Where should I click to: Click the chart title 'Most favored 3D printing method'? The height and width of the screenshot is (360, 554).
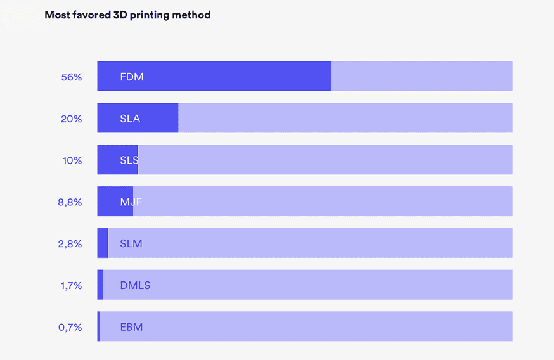(127, 15)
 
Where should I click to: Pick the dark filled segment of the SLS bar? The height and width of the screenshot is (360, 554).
(109, 160)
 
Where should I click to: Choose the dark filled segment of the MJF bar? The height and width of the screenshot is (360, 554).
(108, 202)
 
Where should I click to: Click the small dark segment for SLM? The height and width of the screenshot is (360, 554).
(103, 243)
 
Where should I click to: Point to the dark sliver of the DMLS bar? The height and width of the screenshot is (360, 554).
(100, 285)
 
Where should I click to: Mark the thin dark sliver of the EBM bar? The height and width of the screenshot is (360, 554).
(98, 327)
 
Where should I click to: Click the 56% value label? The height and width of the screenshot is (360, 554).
(72, 77)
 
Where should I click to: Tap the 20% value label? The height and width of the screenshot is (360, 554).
(72, 119)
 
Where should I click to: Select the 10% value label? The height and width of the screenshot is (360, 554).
(72, 160)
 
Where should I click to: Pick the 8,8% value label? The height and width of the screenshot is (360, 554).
(70, 202)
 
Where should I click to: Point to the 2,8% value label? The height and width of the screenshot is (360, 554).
(70, 244)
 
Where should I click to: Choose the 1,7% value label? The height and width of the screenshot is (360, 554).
(71, 286)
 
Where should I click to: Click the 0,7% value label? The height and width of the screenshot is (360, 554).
(70, 328)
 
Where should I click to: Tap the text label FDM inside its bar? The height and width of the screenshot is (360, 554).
(132, 77)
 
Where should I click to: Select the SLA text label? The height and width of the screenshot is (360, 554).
(130, 119)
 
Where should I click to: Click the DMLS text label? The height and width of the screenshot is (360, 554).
(135, 286)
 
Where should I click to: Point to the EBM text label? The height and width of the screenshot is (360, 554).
(131, 328)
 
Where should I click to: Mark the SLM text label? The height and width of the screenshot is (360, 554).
(131, 244)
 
